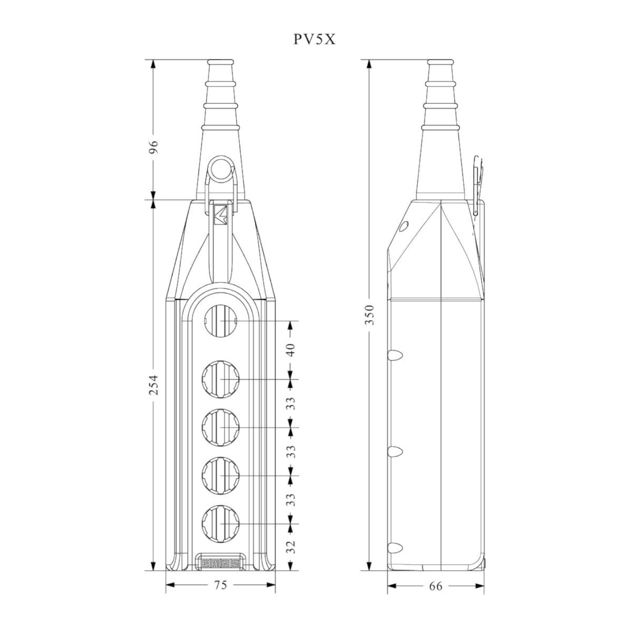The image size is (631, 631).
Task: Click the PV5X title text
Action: coord(314,39)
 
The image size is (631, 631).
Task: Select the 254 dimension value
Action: coord(154,384)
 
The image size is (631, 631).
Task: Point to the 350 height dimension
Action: coord(369,315)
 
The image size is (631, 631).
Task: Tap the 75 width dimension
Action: coord(221,585)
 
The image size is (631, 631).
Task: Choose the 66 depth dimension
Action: coord(436,586)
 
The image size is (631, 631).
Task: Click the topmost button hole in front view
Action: coord(221,321)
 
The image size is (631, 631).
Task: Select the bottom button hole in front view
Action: coord(221,523)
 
